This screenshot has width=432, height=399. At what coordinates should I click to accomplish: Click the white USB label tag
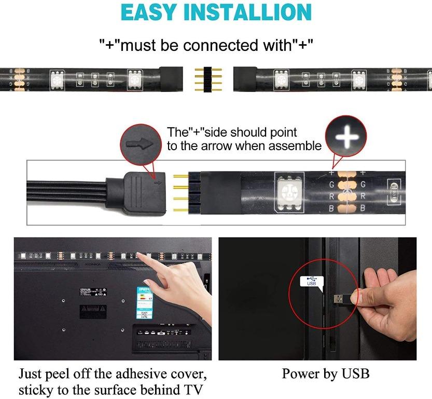pos(312,282)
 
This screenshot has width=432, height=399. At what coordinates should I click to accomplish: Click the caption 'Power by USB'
pos(326,374)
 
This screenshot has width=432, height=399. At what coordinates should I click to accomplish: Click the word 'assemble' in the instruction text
pos(297,146)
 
